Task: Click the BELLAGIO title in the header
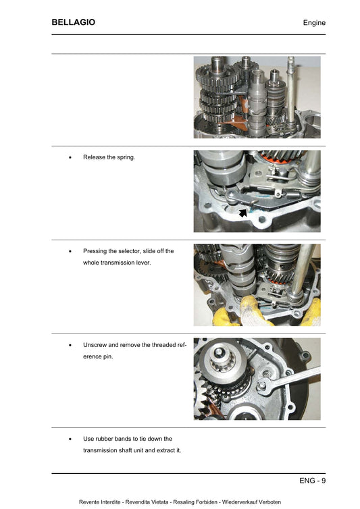[73, 22]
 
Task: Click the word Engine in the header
[314, 23]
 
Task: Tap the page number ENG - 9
[313, 481]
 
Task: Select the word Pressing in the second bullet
[97, 251]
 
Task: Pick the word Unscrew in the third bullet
[96, 344]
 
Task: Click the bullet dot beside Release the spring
[70, 158]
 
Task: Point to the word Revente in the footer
[91, 502]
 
